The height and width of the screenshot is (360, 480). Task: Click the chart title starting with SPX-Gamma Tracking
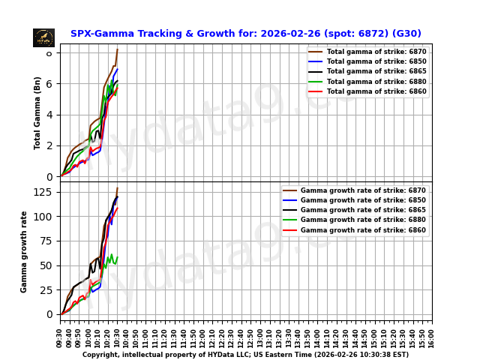tap(245, 34)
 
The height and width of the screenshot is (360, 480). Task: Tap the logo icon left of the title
tap(43, 37)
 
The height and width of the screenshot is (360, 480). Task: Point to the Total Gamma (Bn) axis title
tap(37, 112)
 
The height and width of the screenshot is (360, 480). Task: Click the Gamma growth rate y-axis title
tap(24, 251)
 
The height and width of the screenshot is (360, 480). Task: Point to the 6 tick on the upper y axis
tap(49, 84)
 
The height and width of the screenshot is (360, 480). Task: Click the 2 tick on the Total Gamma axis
tap(49, 146)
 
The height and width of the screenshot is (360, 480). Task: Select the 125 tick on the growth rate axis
tap(44, 192)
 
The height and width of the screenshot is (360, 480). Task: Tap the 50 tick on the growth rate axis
tap(46, 265)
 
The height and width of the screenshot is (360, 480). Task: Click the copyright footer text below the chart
tap(245, 355)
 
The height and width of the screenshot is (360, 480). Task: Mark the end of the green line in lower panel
tap(118, 257)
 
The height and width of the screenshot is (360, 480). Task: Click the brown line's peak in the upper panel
tap(118, 49)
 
